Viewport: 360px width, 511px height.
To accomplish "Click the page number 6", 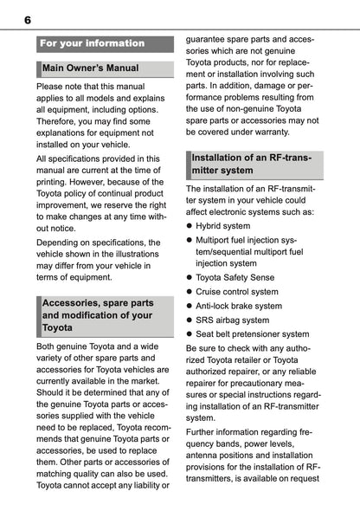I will pos(28,19).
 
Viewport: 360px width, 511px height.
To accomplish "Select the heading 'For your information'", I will pos(92,43).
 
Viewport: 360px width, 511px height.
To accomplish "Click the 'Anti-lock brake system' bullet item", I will pos(245,306).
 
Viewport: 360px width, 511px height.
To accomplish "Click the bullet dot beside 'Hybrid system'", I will pos(190,225).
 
